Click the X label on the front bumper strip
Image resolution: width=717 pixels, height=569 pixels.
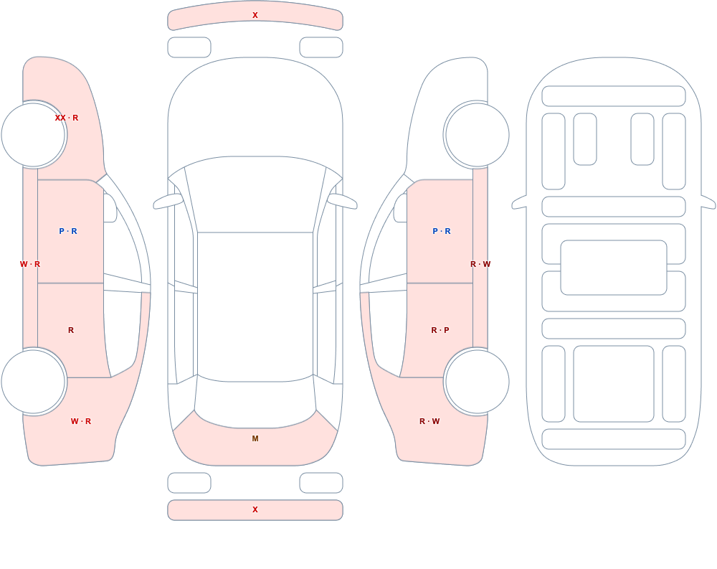coord(255,15)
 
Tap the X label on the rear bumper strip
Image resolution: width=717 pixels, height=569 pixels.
coord(255,509)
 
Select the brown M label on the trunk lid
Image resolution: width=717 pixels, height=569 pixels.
coord(255,438)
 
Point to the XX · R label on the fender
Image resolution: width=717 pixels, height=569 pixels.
coord(66,118)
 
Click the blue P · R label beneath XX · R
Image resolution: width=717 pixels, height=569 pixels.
coord(68,231)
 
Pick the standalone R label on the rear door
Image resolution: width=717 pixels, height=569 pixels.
coord(71,330)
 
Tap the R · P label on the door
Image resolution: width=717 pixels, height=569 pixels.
coord(440,330)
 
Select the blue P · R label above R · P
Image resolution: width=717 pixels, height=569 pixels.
coord(442,231)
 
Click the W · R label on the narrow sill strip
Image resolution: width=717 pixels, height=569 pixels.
coord(30,264)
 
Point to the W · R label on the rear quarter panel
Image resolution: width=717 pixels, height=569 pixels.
coord(81,421)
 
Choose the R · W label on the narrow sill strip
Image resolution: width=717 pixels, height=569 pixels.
coord(480,264)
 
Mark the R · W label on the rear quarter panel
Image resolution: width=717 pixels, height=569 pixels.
coord(429,421)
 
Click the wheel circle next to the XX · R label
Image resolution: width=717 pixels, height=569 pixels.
coord(33,135)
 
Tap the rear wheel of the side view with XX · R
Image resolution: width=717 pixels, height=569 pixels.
coord(33,381)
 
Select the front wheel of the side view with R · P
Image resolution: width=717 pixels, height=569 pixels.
coord(478,135)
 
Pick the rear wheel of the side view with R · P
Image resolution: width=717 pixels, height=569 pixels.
coord(478,381)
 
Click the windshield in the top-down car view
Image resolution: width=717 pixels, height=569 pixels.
coord(255,194)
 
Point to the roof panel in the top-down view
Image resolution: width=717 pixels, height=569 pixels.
coord(255,306)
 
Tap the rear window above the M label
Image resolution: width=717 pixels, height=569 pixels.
coord(255,403)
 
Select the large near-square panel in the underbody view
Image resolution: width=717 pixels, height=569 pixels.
coord(614,384)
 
